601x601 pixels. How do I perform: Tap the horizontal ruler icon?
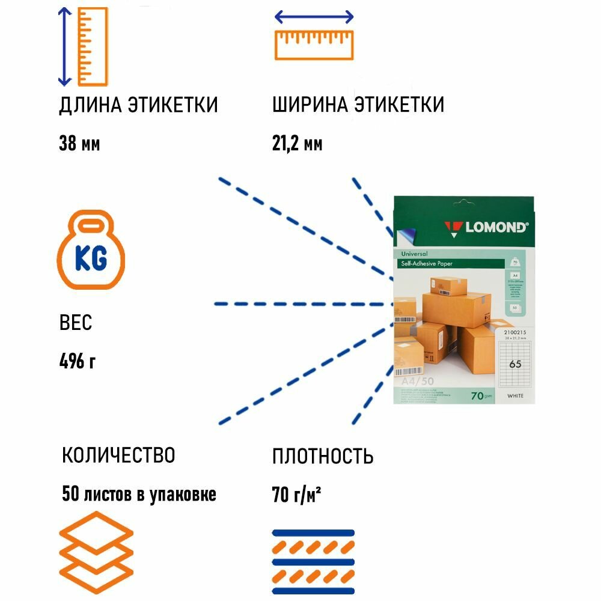click(314, 37)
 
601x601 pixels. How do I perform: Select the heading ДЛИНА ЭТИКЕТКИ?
click(138, 105)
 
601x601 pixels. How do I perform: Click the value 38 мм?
click(79, 144)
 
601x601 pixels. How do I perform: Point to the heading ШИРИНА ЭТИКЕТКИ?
click(358, 105)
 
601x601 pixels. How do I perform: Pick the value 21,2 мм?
click(297, 144)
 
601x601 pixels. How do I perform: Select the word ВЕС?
click(76, 323)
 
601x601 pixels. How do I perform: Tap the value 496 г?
click(78, 362)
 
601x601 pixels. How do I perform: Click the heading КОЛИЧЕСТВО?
click(118, 455)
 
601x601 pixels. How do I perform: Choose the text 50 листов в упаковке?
click(139, 494)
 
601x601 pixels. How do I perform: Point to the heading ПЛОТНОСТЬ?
click(323, 456)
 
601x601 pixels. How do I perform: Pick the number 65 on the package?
click(515, 363)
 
